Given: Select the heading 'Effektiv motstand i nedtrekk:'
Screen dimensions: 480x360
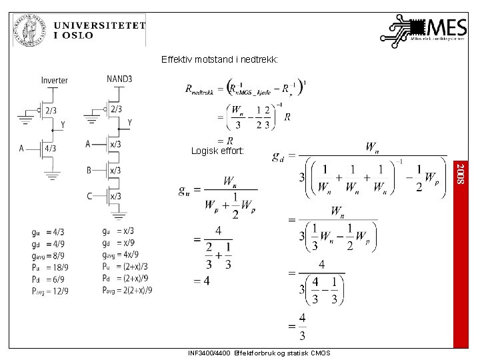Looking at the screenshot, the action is coord(219,60).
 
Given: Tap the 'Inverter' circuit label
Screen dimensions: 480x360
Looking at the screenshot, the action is coord(54,80).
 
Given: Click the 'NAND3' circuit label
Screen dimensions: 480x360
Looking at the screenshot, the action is coord(119,79).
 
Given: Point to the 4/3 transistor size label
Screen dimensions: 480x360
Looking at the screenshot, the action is coord(50,149).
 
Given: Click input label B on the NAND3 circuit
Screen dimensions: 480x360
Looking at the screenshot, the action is coord(89,170).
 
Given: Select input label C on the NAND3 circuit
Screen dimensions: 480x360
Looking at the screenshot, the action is coord(89,195).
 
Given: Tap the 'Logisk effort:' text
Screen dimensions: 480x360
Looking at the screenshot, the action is coord(217,151).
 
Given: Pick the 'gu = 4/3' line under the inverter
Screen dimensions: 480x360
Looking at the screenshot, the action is coord(48,232).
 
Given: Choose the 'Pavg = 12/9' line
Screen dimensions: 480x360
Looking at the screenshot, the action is coord(49,291).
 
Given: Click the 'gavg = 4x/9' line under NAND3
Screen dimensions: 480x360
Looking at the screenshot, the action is coord(121,254).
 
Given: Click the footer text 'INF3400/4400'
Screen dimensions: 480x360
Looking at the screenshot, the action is coord(210,353).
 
